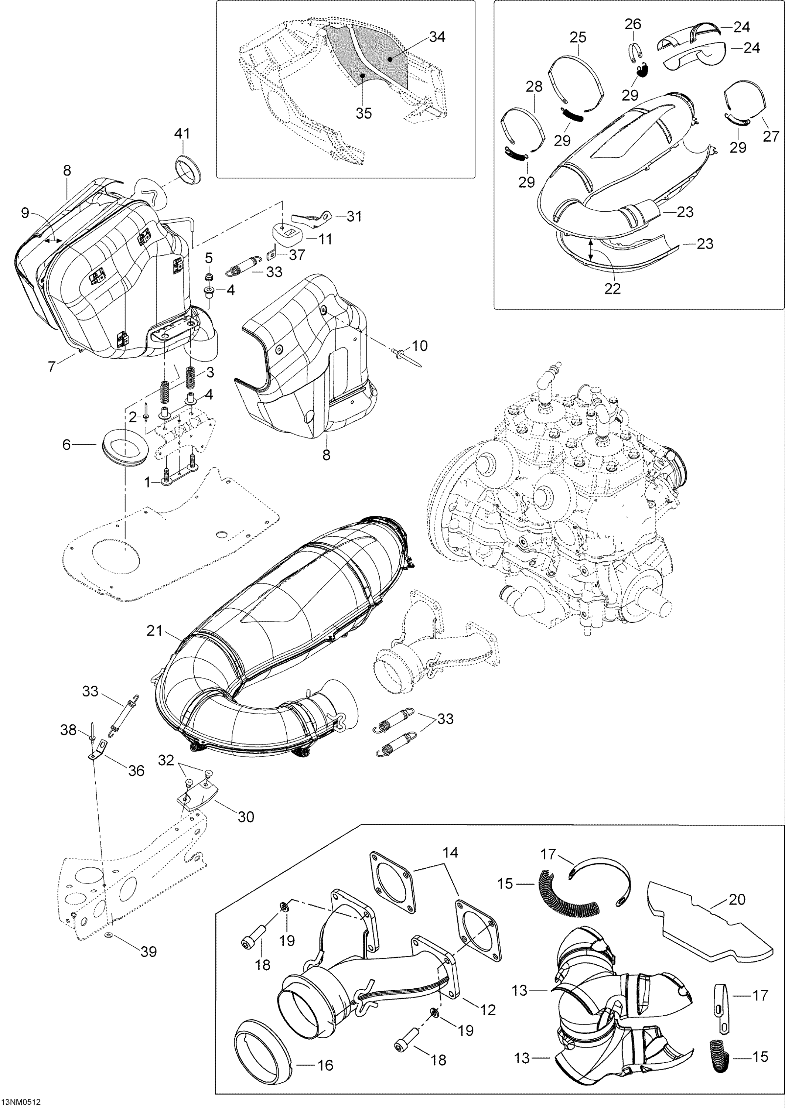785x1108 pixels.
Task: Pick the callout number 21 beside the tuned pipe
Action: click(155, 631)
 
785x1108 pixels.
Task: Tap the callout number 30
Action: click(246, 817)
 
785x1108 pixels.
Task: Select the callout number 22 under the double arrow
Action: click(612, 288)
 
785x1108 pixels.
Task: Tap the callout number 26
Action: click(633, 24)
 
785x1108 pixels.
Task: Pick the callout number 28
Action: click(534, 87)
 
